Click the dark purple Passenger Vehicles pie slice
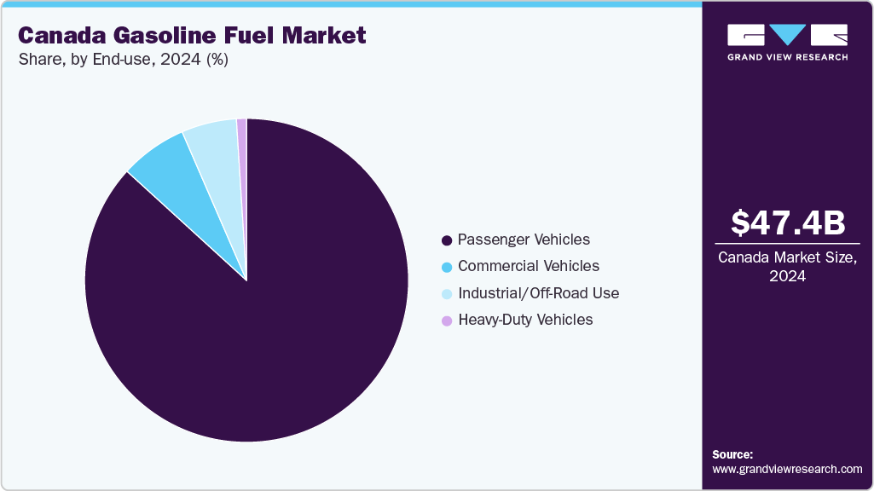click(x=256, y=341)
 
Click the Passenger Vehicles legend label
click(x=524, y=240)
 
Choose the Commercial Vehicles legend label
click(x=529, y=266)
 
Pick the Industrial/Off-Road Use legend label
click(x=538, y=293)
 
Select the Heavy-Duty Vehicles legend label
click(x=525, y=320)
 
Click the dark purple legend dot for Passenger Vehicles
click(x=447, y=240)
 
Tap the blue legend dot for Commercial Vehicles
click(x=447, y=267)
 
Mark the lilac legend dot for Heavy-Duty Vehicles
click(x=447, y=321)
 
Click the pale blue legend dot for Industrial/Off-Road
click(x=447, y=294)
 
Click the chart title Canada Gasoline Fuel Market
click(x=192, y=36)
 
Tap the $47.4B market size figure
click(x=788, y=222)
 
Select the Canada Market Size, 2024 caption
click(x=788, y=266)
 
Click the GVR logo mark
click(x=788, y=35)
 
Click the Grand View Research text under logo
click(x=788, y=57)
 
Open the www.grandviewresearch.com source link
click(x=787, y=469)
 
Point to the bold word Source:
click(x=732, y=454)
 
